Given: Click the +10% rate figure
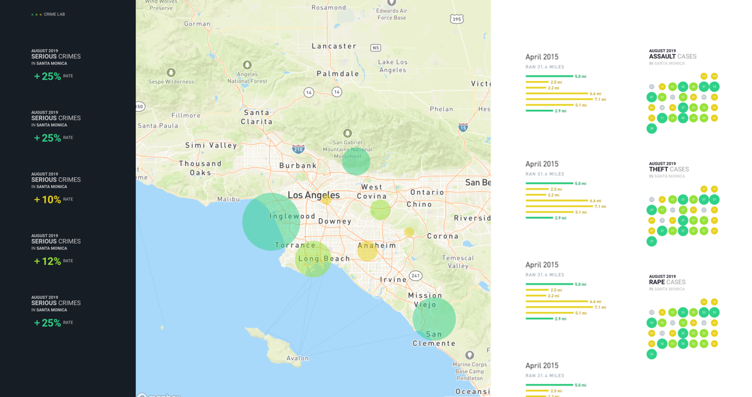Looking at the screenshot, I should point(47,199).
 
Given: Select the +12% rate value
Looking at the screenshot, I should point(47,261).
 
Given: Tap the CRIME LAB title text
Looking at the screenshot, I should point(54,15).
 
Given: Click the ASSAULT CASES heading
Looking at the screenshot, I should point(673,56).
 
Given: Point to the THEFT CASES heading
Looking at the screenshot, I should point(669,169).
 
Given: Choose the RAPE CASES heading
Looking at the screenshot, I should point(667,282).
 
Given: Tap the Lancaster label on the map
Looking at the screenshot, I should point(334,46).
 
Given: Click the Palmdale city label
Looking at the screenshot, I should point(337,74).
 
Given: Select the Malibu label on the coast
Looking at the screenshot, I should point(228,199).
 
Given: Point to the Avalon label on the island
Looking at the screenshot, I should point(298,358).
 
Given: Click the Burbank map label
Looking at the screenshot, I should point(298,166).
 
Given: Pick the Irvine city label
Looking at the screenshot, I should point(393,279).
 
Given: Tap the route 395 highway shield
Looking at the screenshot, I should point(456,19).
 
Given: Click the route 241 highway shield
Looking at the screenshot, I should point(415,276).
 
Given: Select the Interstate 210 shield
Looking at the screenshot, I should point(298,149).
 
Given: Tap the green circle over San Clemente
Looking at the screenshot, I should point(434,319).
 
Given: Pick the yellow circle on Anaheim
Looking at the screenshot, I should point(367,251).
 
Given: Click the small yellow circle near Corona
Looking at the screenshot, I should point(409,232).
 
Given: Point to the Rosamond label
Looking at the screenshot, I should point(329,8).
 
